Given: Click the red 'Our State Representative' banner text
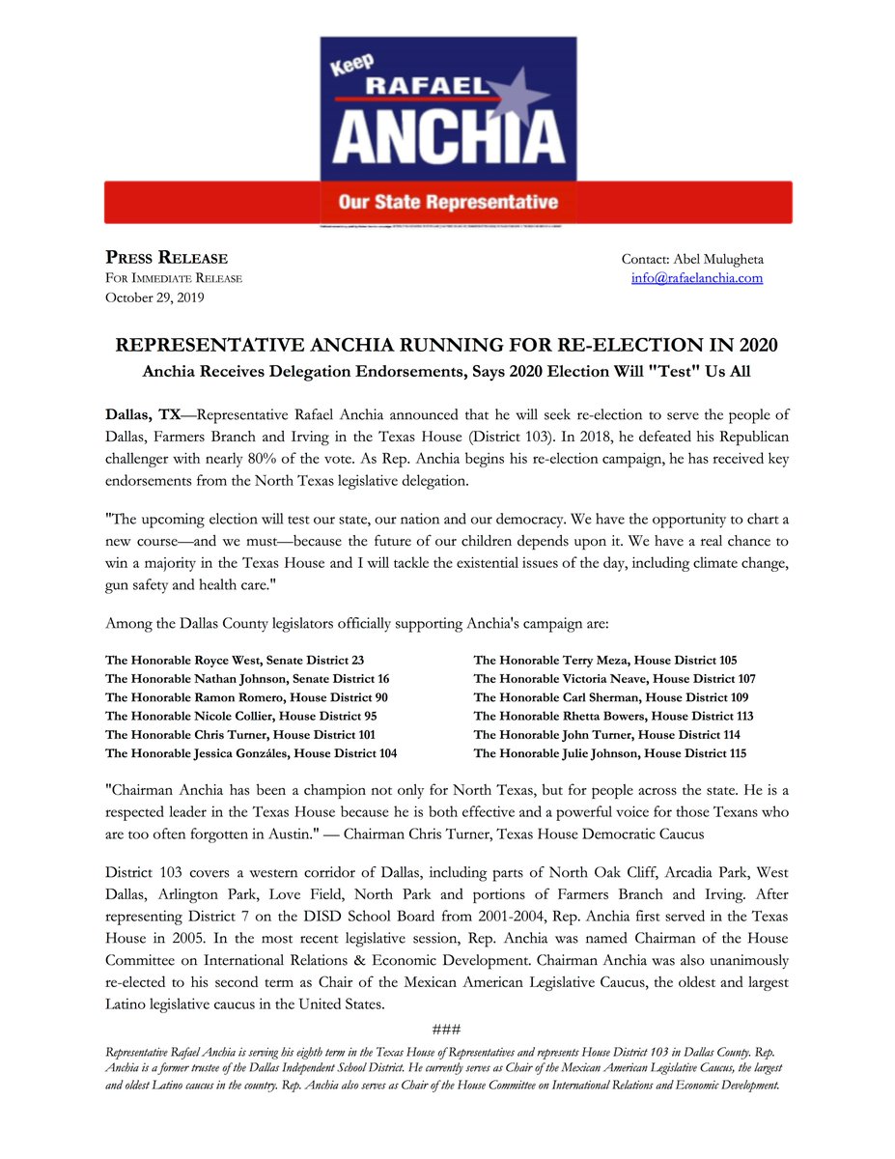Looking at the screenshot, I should pyautogui.click(x=448, y=203).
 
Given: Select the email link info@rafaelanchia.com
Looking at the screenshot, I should pyautogui.click(x=696, y=278).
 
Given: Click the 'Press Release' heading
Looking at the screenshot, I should pyautogui.click(x=166, y=258).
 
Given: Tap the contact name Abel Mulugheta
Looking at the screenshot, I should pyautogui.click(x=715, y=259).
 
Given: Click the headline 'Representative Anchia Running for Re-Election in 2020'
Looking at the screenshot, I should pyautogui.click(x=447, y=346).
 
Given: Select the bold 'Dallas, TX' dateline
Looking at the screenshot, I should pyautogui.click(x=143, y=414).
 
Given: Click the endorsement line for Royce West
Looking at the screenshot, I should pyautogui.click(x=235, y=661).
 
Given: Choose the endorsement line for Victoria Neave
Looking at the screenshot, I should pyautogui.click(x=614, y=679).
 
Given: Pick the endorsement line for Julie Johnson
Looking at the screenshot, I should pyautogui.click(x=609, y=753).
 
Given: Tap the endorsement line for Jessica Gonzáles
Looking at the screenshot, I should pyautogui.click(x=251, y=753).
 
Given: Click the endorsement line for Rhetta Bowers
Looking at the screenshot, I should pyautogui.click(x=613, y=717).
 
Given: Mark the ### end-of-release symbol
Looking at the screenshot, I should pyautogui.click(x=447, y=1028).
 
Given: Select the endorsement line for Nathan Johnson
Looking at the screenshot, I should pyautogui.click(x=247, y=679).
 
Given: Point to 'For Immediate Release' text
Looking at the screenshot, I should pyautogui.click(x=174, y=278).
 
